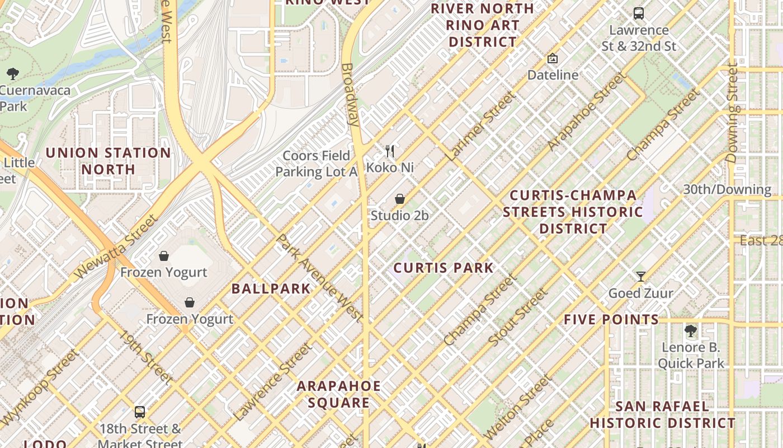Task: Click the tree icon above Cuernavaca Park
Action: coord(12,73)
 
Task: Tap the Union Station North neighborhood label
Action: coord(108,161)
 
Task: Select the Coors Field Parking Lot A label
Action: coord(316,164)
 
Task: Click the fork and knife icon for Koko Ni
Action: coord(390,151)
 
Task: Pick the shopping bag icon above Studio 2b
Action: coord(400,199)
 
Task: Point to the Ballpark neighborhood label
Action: coord(271,288)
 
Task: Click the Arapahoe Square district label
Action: coord(338,394)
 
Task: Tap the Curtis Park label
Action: coord(444,268)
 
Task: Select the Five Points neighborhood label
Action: coord(611,320)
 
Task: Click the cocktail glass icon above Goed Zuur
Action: coord(641,276)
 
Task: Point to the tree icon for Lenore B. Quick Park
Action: coord(691,330)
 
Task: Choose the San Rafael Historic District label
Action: coord(662,414)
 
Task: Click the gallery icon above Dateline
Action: coord(553,58)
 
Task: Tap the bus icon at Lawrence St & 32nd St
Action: coord(639,13)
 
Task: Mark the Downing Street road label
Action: coord(733,115)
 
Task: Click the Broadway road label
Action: coord(350,94)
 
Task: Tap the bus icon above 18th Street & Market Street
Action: coord(140,412)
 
